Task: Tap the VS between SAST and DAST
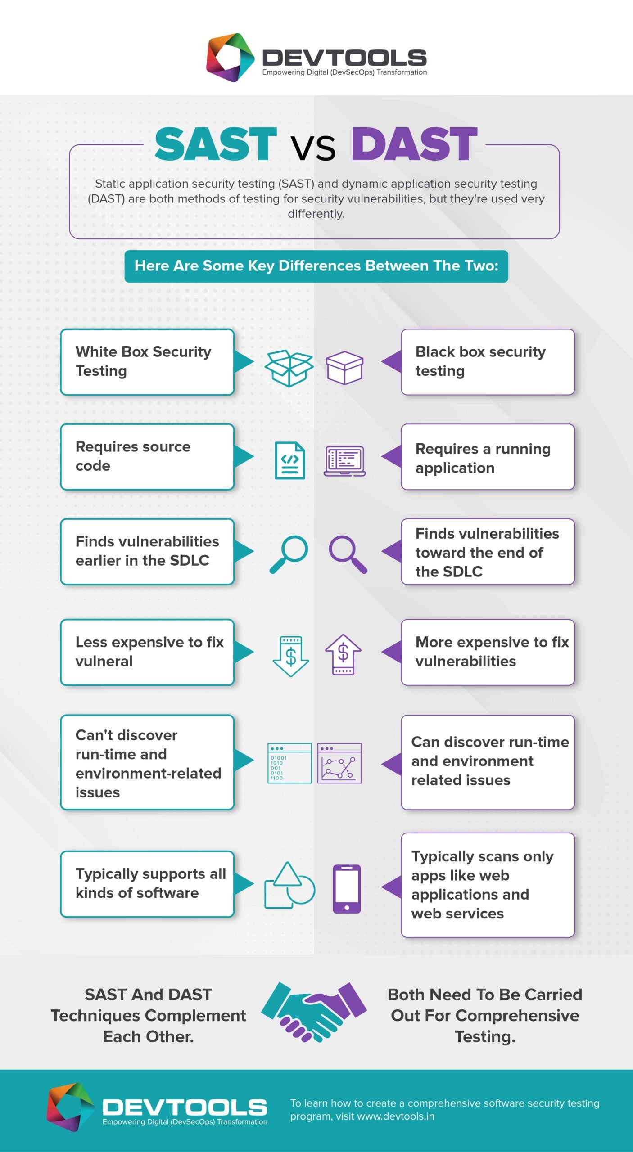point(313,148)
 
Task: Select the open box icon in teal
point(289,368)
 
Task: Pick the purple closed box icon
point(344,368)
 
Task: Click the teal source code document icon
point(290,460)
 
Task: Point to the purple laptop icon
point(344,461)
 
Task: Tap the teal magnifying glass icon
point(289,554)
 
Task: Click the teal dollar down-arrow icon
point(291,656)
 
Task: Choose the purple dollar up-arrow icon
point(343,654)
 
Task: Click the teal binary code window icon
point(289,763)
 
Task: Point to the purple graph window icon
point(339,763)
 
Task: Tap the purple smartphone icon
point(347,889)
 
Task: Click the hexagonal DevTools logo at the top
point(230,58)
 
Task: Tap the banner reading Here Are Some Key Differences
point(316,266)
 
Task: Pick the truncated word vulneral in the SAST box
point(104,661)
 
